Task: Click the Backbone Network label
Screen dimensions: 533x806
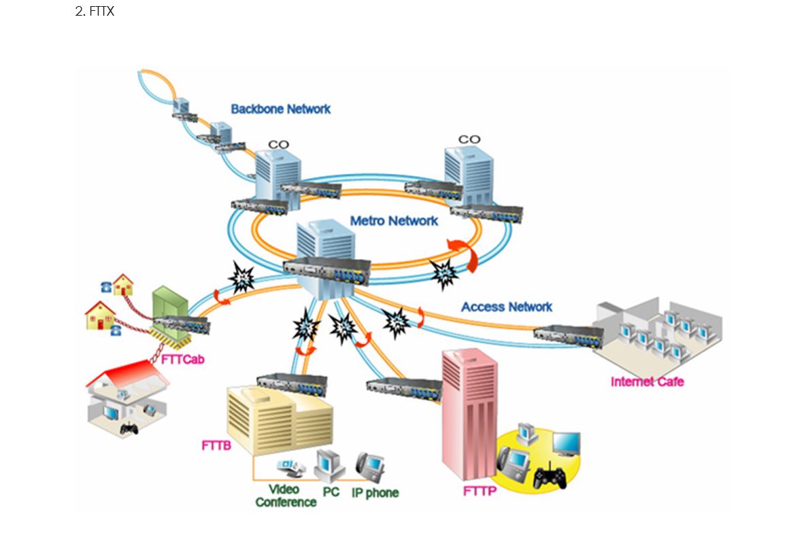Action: click(x=280, y=109)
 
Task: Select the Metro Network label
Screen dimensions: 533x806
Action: click(x=394, y=221)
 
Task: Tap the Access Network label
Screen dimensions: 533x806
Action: click(x=507, y=307)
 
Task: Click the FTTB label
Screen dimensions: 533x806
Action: click(x=216, y=446)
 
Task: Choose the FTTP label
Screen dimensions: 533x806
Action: click(x=480, y=491)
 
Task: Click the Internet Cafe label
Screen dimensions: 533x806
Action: click(x=647, y=381)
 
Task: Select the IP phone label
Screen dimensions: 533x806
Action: click(x=375, y=493)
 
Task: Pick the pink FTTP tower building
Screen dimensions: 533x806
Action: click(x=469, y=415)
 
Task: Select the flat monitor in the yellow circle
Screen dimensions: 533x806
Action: click(x=566, y=443)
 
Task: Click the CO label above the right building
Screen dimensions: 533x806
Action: click(x=469, y=139)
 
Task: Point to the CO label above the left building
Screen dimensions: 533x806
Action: click(x=278, y=144)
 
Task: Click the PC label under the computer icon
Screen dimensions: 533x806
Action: click(x=331, y=491)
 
